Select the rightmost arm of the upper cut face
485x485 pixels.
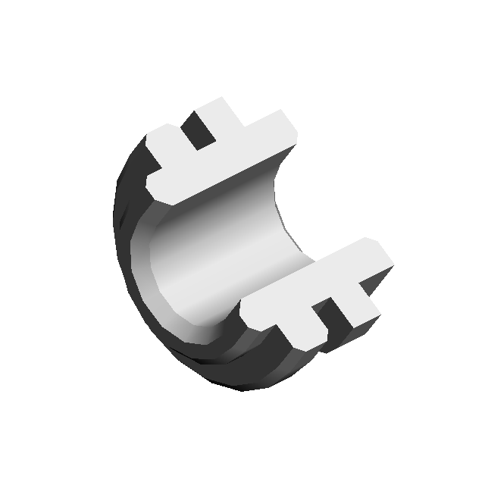(x=273, y=129)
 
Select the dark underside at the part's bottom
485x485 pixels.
(x=250, y=371)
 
